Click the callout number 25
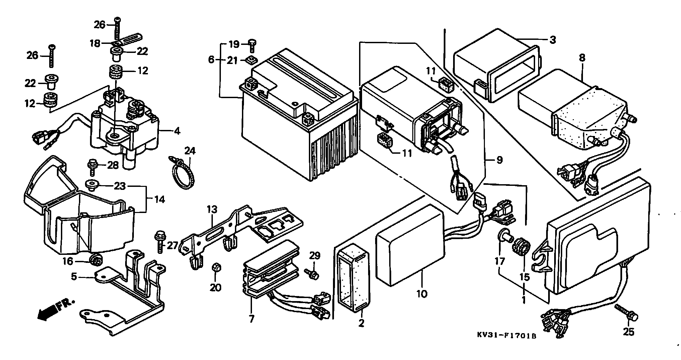click(x=628, y=332)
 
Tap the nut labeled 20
click(x=216, y=268)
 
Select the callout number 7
click(x=251, y=319)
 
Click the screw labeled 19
click(x=252, y=46)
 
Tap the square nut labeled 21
click(x=251, y=61)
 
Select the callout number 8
click(x=582, y=58)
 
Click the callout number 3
click(x=552, y=40)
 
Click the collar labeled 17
click(x=505, y=238)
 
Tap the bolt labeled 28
click(x=92, y=168)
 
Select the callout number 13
click(x=212, y=210)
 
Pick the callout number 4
click(x=177, y=131)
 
